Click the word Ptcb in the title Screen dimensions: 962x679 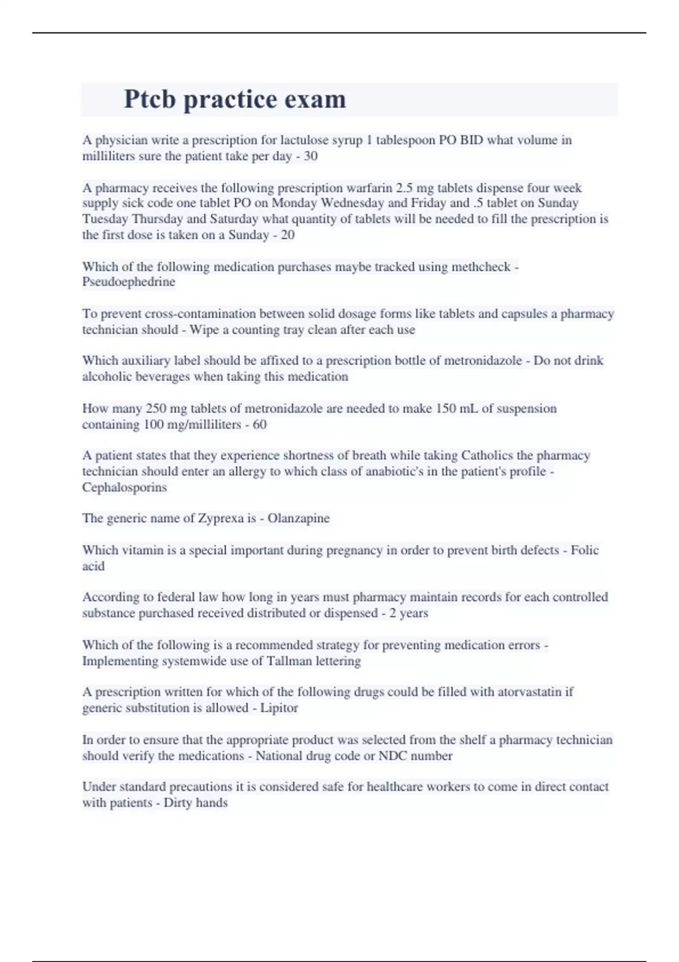pyautogui.click(x=150, y=100)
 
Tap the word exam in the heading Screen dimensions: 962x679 pyautogui.click(x=315, y=100)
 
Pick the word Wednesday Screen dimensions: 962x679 pyautogui.click(x=353, y=203)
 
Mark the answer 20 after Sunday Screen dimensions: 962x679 pyautogui.click(x=287, y=235)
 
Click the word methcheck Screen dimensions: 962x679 pyautogui.click(x=480, y=267)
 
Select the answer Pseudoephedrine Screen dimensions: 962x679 pyautogui.click(x=128, y=282)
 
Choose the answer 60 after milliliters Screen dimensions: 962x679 pyautogui.click(x=260, y=424)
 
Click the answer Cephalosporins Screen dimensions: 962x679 pyautogui.click(x=124, y=487)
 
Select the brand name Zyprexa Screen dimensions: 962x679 pyautogui.click(x=220, y=518)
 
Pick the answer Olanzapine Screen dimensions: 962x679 pyautogui.click(x=298, y=518)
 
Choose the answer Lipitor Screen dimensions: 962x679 pyautogui.click(x=279, y=708)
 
